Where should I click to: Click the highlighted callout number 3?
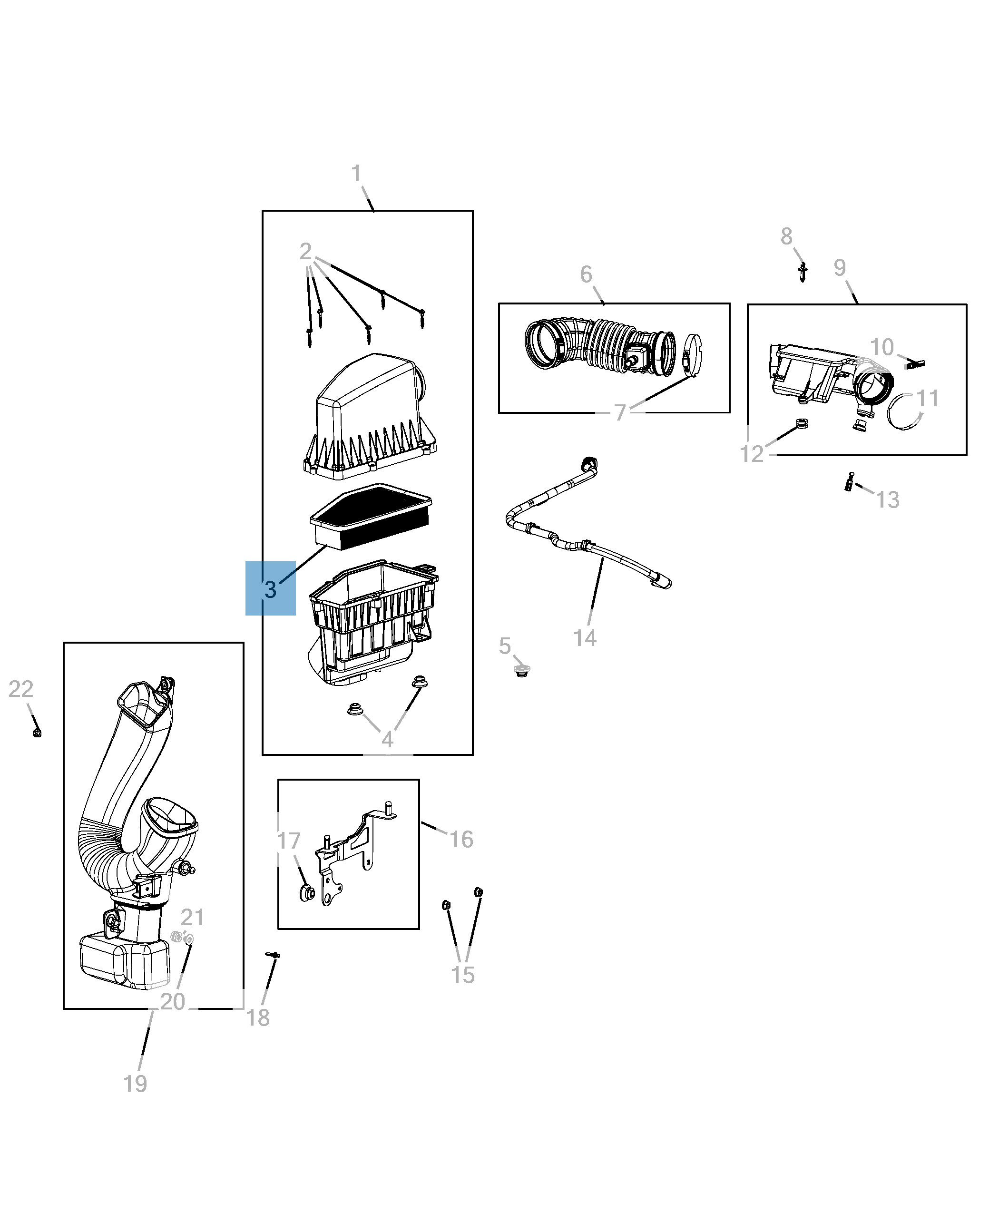pyautogui.click(x=271, y=589)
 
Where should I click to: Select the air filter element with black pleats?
pyautogui.click(x=371, y=516)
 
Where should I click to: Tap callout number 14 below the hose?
pyautogui.click(x=585, y=637)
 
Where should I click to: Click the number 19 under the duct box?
pyautogui.click(x=135, y=1084)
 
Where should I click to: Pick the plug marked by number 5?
pyautogui.click(x=521, y=671)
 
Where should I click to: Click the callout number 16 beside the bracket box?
pyautogui.click(x=461, y=839)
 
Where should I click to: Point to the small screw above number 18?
pyautogui.click(x=274, y=954)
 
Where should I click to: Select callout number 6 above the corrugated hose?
pyautogui.click(x=586, y=274)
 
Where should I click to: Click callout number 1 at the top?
pyautogui.click(x=356, y=173)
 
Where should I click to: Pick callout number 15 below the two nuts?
pyautogui.click(x=463, y=975)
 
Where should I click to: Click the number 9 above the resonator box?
pyautogui.click(x=840, y=267)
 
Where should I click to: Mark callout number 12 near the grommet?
pyautogui.click(x=752, y=454)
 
